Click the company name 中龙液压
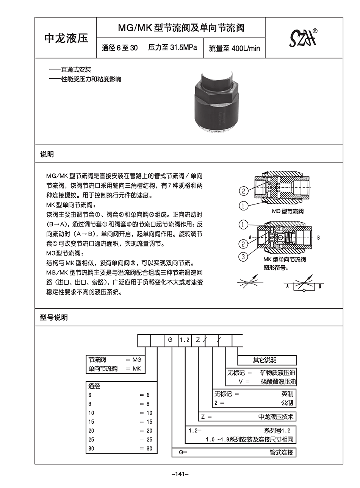[66, 38]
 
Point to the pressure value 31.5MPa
[183, 48]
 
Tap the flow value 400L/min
[246, 48]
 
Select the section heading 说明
[47, 154]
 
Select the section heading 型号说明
[54, 317]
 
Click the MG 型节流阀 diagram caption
[288, 211]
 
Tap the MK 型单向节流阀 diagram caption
[284, 259]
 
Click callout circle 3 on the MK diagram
[243, 257]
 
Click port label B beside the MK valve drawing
[318, 237]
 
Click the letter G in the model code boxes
[171, 340]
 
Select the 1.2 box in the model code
[185, 340]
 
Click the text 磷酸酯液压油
[278, 382]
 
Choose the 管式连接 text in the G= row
[281, 452]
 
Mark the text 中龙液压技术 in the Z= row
[276, 417]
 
